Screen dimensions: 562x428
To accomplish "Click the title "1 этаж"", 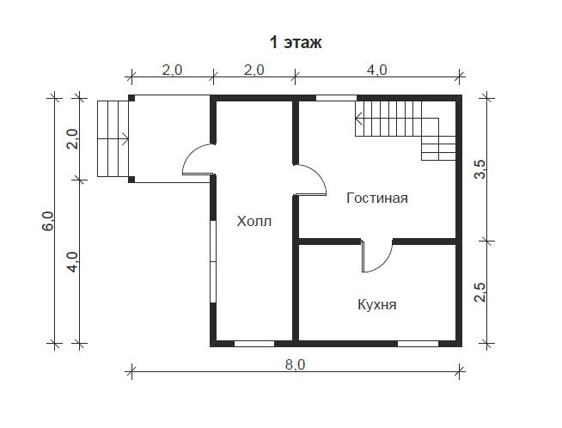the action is [x=296, y=42].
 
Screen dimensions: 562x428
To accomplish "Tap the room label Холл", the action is [x=254, y=221].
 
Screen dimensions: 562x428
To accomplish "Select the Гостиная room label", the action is [x=377, y=198].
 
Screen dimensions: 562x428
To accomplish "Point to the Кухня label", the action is [x=377, y=305].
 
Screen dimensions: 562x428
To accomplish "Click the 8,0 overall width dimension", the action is [x=296, y=364].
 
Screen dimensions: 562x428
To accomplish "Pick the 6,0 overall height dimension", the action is [x=47, y=221].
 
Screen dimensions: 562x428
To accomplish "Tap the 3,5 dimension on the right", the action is [x=480, y=168].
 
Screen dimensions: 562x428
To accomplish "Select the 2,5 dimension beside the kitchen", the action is [x=480, y=292].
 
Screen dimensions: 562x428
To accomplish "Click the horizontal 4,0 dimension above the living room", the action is [x=377, y=70].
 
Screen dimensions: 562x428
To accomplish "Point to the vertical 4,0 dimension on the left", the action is [x=72, y=261].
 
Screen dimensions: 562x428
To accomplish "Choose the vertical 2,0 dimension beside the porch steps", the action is [x=72, y=138].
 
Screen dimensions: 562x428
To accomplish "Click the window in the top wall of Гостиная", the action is [x=336, y=98].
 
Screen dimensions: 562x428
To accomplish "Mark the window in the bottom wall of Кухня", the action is [x=418, y=344].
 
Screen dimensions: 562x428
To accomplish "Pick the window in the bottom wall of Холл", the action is [x=254, y=344].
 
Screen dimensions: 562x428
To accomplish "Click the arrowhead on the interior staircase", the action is [x=358, y=117].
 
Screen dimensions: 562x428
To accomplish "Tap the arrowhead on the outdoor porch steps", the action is [x=125, y=138].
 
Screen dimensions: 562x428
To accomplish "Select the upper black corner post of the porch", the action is [x=131, y=98].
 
